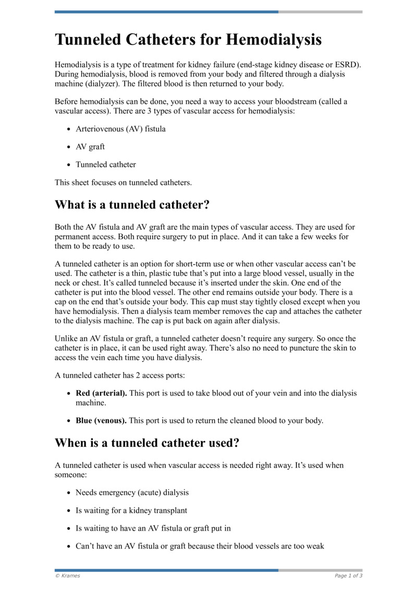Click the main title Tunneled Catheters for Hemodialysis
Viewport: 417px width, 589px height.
(x=188, y=40)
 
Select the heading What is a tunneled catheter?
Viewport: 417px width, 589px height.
(x=132, y=205)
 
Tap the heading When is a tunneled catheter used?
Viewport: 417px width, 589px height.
(x=147, y=443)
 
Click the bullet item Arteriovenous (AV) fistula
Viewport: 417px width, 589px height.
(x=120, y=129)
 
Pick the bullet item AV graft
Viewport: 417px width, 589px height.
(x=90, y=147)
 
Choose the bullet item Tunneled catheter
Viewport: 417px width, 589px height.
(x=106, y=165)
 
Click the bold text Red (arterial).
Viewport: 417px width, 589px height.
(x=101, y=394)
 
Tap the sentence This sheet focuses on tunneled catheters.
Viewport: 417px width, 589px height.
(x=124, y=182)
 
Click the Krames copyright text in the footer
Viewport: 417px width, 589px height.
(x=68, y=575)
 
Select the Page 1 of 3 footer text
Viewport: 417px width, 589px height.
(x=348, y=575)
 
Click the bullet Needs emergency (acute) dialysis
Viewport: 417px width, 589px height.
(x=132, y=492)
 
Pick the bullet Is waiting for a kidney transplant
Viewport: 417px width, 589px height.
(x=131, y=510)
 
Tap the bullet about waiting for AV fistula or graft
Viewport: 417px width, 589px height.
(x=153, y=528)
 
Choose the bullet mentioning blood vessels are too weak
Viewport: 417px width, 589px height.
(x=200, y=546)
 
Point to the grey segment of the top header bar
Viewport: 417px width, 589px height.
(x=320, y=11)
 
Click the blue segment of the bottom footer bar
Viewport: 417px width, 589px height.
(x=166, y=570)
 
